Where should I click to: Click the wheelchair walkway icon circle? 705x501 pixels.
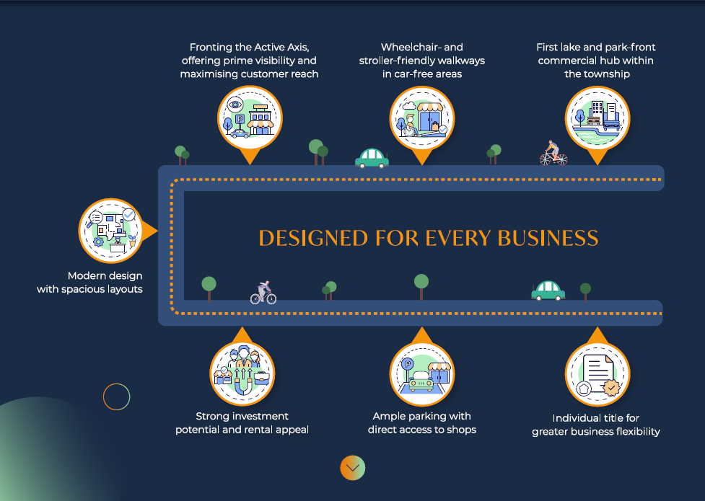(x=421, y=119)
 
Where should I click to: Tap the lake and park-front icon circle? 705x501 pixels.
(x=597, y=119)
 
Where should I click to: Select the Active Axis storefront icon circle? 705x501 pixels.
(x=250, y=118)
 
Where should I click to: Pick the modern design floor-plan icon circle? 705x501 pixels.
(x=111, y=231)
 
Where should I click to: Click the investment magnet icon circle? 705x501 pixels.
(x=242, y=374)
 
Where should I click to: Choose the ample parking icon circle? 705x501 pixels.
(x=421, y=374)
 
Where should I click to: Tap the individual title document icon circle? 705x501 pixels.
(x=597, y=374)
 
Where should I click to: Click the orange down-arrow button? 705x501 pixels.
(x=352, y=468)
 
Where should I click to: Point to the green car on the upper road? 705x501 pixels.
(x=372, y=158)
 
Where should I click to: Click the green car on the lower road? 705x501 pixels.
(x=548, y=291)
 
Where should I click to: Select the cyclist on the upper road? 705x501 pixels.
(x=553, y=153)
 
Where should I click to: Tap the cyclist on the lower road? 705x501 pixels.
(x=263, y=293)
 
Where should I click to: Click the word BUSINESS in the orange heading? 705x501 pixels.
(x=548, y=238)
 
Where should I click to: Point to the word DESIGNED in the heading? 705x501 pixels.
(x=313, y=238)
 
